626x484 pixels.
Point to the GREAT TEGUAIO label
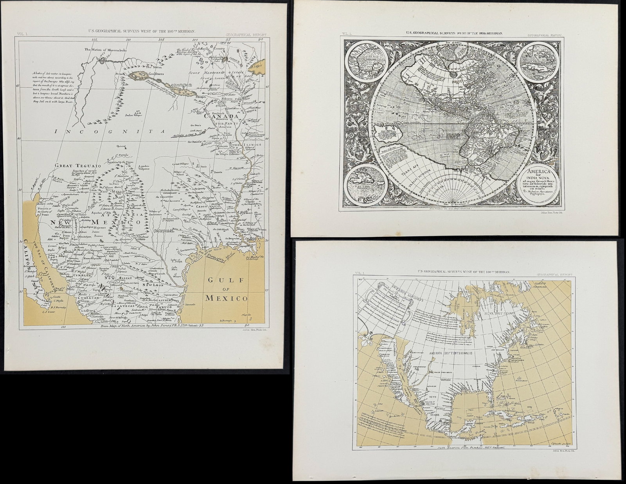click(x=78, y=166)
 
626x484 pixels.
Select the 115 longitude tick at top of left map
click(x=94, y=40)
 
